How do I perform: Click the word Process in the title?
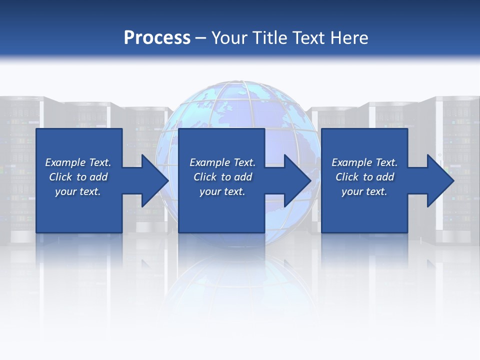coord(157,38)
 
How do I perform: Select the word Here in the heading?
coord(348,38)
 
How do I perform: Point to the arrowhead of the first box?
coord(153,180)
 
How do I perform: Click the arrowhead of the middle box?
coord(296,180)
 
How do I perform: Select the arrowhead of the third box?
coord(439,180)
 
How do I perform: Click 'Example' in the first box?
coord(65,162)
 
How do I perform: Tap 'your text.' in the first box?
coord(78,191)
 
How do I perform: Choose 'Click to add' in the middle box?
coord(222,177)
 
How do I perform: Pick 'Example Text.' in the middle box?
coord(222,162)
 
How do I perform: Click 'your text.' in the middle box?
coord(222,191)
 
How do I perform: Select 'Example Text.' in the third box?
coord(364,162)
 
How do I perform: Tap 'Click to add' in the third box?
coord(364,177)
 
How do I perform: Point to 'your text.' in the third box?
coord(364,191)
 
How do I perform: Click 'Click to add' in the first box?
coord(78,177)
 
